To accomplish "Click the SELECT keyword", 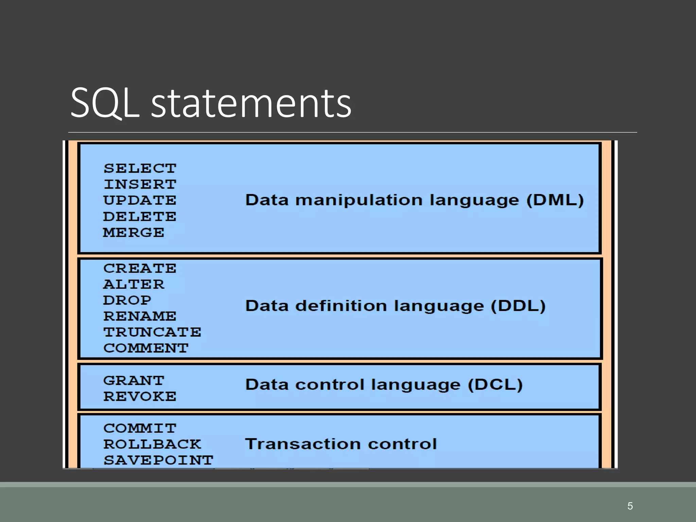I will [x=140, y=168].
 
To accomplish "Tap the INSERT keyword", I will [x=140, y=184].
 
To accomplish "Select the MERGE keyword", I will [x=134, y=232].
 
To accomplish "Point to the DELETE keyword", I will [x=140, y=216].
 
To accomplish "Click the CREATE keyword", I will [x=140, y=268].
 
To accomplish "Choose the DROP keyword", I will [x=127, y=300].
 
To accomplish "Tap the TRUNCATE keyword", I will [x=152, y=332].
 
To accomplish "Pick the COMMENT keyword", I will [x=146, y=348].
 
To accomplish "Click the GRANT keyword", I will [x=134, y=381].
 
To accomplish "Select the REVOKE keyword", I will [x=140, y=397].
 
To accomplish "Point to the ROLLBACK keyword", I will [x=152, y=444].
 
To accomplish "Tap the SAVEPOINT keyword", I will [x=158, y=460].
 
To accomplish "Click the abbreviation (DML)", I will [x=555, y=200].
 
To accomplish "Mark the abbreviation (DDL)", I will [x=518, y=306].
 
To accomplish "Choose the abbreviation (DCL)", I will [x=495, y=385].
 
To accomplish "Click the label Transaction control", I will [x=341, y=444].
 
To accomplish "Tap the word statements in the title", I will [x=251, y=103].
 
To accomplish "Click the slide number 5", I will [x=630, y=506].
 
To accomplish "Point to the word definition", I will [x=341, y=306].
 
